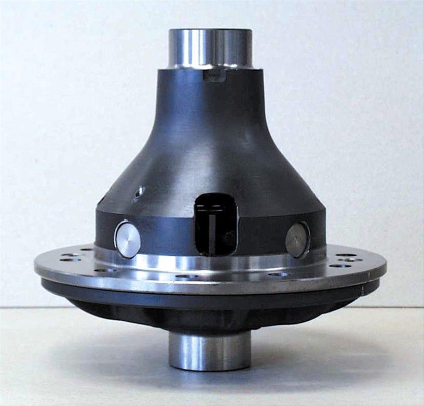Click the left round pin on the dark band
(128, 239)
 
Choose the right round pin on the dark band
(297, 240)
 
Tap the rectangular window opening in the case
(216, 227)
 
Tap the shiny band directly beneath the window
(216, 263)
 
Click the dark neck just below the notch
(213, 96)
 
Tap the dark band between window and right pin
(262, 237)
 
